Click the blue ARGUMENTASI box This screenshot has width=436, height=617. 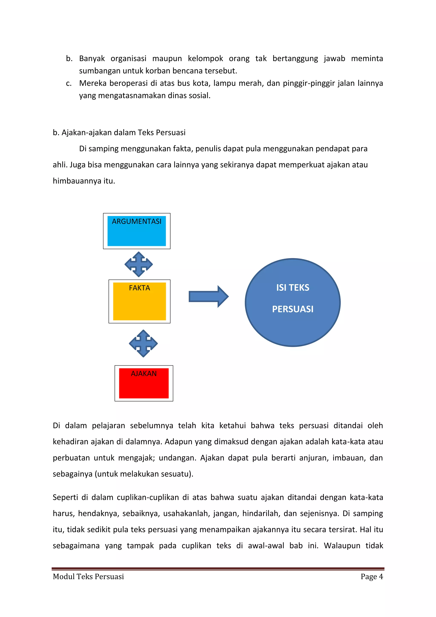coord(137,231)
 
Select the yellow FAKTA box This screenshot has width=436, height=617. coord(139,301)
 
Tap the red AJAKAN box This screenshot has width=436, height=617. coord(144,383)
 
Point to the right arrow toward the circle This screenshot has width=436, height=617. coord(208,296)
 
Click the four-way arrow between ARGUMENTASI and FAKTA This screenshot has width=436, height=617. coord(139,264)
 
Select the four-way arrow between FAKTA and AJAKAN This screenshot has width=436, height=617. coord(143,343)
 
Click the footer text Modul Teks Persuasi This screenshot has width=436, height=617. coord(88,577)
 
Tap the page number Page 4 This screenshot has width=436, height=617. coord(371,577)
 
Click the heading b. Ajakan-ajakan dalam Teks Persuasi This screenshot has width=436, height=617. coord(119,133)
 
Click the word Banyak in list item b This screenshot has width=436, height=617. coord(92,59)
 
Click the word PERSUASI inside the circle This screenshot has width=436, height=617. coord(293,309)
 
